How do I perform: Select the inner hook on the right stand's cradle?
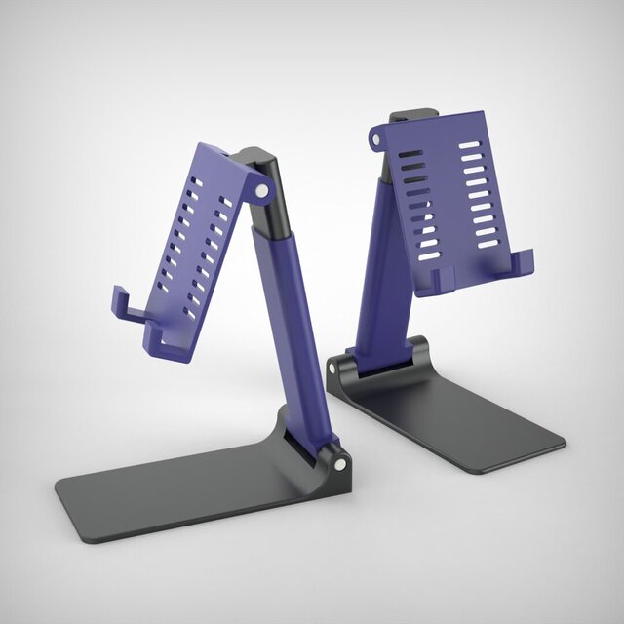click(x=440, y=277)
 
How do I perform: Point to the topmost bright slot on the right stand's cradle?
click(x=470, y=145)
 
